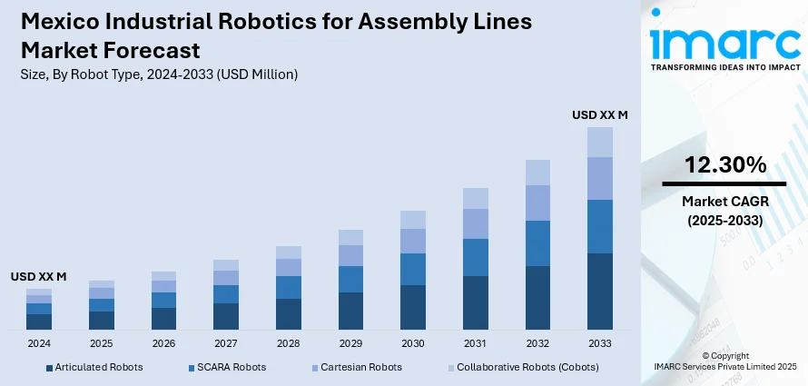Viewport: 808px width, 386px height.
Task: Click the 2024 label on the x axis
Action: point(39,344)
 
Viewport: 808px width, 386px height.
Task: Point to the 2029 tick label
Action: point(350,344)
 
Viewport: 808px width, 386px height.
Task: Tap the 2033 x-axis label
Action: point(599,344)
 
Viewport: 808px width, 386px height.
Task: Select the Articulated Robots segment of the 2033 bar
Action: point(599,291)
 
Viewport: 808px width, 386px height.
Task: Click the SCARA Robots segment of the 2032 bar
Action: point(537,243)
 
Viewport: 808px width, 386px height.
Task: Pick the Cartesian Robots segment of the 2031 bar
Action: point(476,223)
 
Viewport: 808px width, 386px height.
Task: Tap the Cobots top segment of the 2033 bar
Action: point(599,142)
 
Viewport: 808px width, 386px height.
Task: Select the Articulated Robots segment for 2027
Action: point(226,315)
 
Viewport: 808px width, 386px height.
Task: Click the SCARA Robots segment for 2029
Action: point(350,279)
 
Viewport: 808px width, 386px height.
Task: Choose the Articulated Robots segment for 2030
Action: point(413,306)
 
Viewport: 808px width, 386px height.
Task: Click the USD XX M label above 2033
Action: point(599,115)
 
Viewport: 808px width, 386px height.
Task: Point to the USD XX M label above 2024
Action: point(39,276)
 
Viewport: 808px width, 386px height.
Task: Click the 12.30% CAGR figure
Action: point(724,165)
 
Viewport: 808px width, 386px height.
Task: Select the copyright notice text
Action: point(724,361)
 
